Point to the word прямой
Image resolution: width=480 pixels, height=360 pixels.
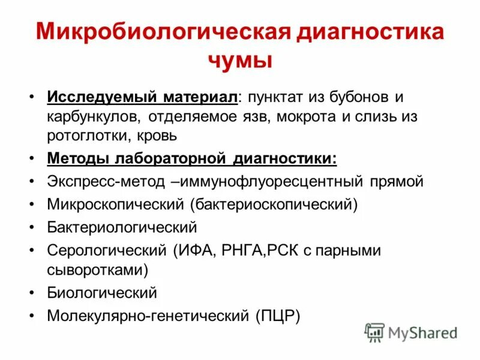[x=397, y=181]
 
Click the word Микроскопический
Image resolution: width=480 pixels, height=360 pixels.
[x=115, y=204]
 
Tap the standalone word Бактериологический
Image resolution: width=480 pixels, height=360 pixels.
[x=122, y=227]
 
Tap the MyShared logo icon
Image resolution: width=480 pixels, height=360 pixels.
[x=374, y=332]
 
